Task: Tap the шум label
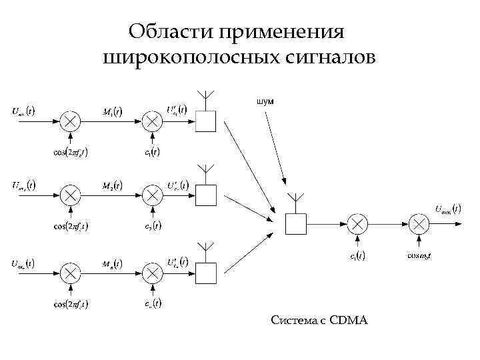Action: pos(264,101)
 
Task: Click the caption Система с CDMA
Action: pos(319,321)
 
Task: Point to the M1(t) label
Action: pos(112,111)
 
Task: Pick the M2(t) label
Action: pos(112,185)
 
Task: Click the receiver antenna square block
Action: pos(294,223)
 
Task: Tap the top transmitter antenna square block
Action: pos(205,121)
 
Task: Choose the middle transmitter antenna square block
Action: pos(205,195)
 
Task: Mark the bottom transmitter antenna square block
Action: pos(205,273)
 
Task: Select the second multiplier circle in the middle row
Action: pos(153,195)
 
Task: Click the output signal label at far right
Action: pos(447,209)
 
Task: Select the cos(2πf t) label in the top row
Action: pos(71,151)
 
